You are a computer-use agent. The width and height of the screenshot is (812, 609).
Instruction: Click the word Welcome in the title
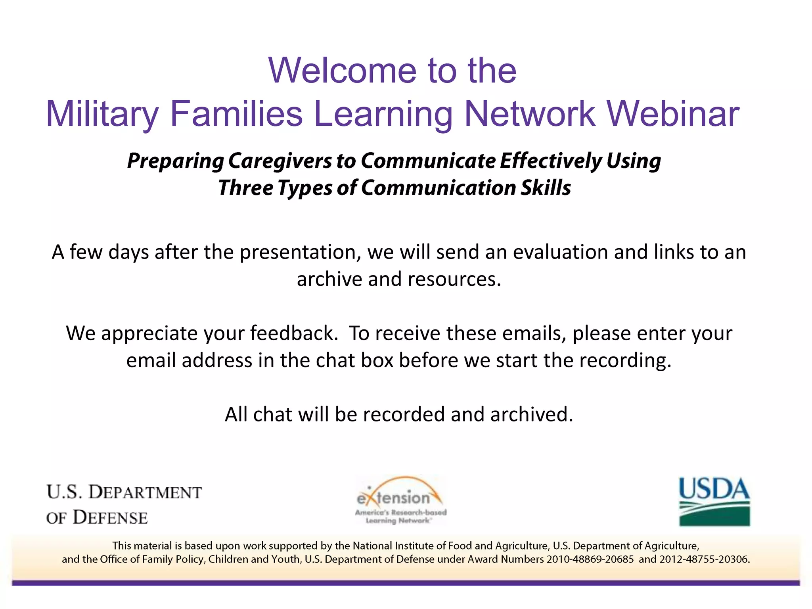click(x=342, y=71)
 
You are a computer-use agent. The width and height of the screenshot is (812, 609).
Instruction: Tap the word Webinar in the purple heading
click(x=673, y=114)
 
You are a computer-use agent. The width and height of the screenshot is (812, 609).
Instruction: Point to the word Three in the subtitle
click(x=245, y=188)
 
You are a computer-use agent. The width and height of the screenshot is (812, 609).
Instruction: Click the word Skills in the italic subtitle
click(x=546, y=188)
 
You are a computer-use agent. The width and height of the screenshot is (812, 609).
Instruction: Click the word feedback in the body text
click(x=294, y=333)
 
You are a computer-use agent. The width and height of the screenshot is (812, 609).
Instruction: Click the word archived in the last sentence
click(x=531, y=414)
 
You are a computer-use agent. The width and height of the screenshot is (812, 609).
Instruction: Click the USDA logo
click(x=714, y=502)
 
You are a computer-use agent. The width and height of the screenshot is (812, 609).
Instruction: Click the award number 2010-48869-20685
click(x=590, y=559)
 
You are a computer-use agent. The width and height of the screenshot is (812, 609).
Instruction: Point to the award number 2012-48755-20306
click(x=704, y=559)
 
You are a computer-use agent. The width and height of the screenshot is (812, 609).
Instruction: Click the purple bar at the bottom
click(x=406, y=583)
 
